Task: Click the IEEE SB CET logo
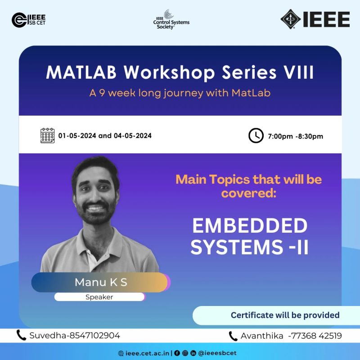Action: pos(29,20)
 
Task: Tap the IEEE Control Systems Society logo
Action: pos(171,19)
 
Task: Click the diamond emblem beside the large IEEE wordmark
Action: pos(290,19)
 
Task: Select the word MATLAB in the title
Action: pos(81,72)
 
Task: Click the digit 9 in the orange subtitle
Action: pos(102,93)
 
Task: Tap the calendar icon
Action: pos(48,136)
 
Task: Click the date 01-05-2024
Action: pos(77,136)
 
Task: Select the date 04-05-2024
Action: pos(133,136)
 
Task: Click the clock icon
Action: pos(256,136)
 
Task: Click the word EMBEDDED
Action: pos(250,225)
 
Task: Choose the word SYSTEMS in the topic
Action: pos(237,247)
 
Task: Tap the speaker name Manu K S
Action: pos(101,283)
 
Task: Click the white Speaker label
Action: pos(99,297)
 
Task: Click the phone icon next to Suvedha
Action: pos(21,335)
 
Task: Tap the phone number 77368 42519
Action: pos(317,336)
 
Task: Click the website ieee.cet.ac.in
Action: pos(147,353)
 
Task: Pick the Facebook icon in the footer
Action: pos(177,353)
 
